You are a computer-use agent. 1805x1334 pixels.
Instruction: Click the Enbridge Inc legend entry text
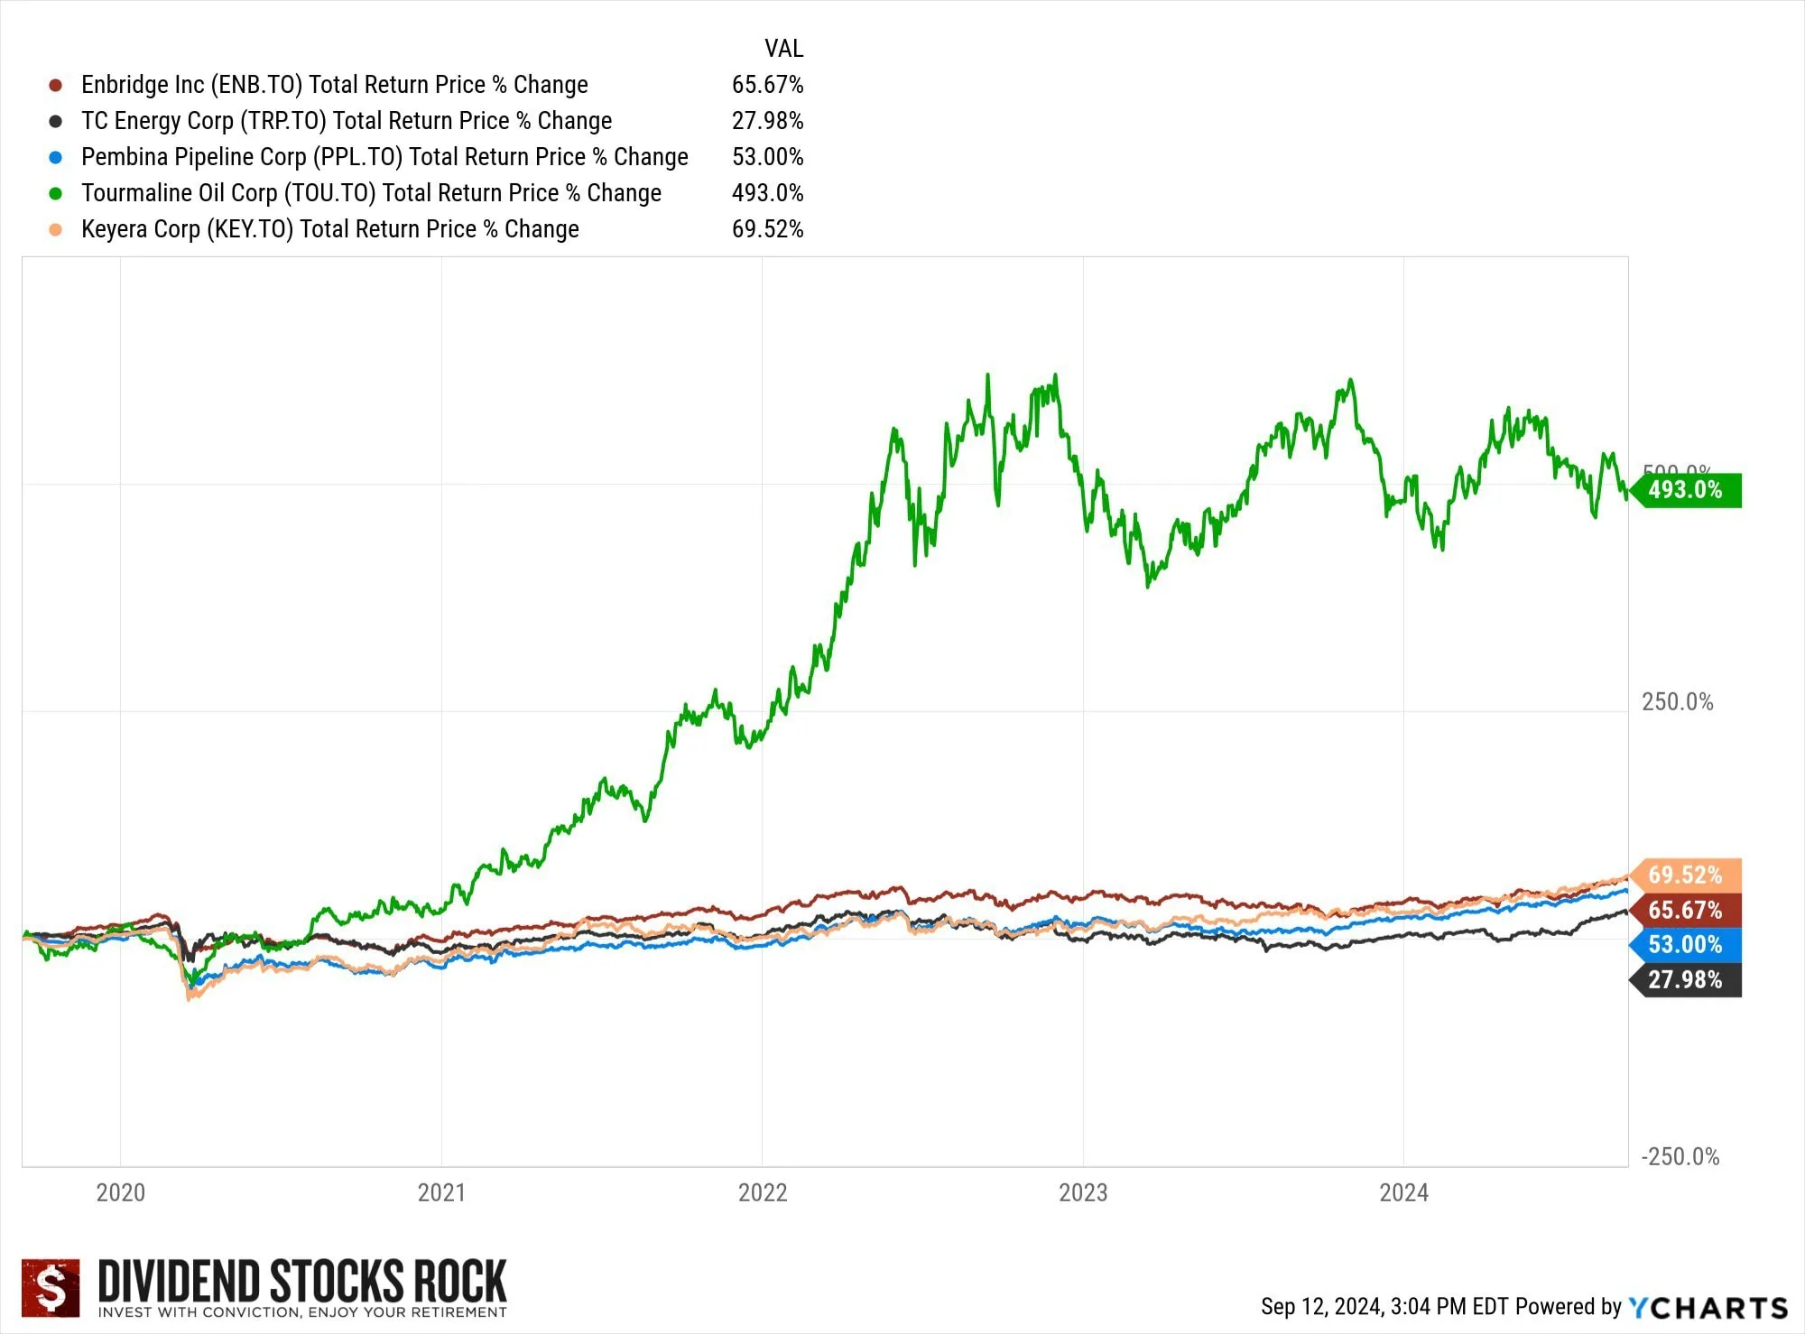(334, 85)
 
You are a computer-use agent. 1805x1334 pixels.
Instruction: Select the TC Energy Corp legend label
(347, 121)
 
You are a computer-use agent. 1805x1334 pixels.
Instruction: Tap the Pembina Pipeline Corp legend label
(384, 157)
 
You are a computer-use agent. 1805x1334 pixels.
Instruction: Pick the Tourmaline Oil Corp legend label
(371, 193)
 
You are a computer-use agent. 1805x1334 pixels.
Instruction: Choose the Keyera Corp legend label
(329, 229)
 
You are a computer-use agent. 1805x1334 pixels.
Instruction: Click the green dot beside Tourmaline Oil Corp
(56, 193)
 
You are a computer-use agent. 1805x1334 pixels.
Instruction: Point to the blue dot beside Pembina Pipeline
(56, 157)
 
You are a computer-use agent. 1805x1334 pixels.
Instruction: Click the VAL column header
(783, 49)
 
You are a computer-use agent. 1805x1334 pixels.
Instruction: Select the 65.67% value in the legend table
(767, 85)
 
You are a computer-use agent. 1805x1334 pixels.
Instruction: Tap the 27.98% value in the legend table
(767, 121)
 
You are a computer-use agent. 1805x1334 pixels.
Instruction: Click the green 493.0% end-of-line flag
(1686, 490)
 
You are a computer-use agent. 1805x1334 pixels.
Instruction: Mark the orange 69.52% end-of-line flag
(1686, 875)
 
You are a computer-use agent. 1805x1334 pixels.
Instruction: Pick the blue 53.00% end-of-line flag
(1686, 945)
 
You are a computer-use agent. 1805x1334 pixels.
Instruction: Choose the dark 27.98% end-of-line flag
(1686, 980)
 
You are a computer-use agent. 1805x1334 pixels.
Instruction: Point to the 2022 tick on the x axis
(763, 1193)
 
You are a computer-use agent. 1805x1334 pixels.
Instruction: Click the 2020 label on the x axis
(121, 1193)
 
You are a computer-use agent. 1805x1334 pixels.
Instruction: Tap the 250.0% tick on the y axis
(1677, 702)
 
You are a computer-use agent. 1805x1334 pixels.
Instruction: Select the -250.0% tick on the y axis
(1680, 1157)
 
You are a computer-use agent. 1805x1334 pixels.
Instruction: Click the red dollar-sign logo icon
(51, 1288)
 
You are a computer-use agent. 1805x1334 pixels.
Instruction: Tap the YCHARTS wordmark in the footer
(1708, 1307)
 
